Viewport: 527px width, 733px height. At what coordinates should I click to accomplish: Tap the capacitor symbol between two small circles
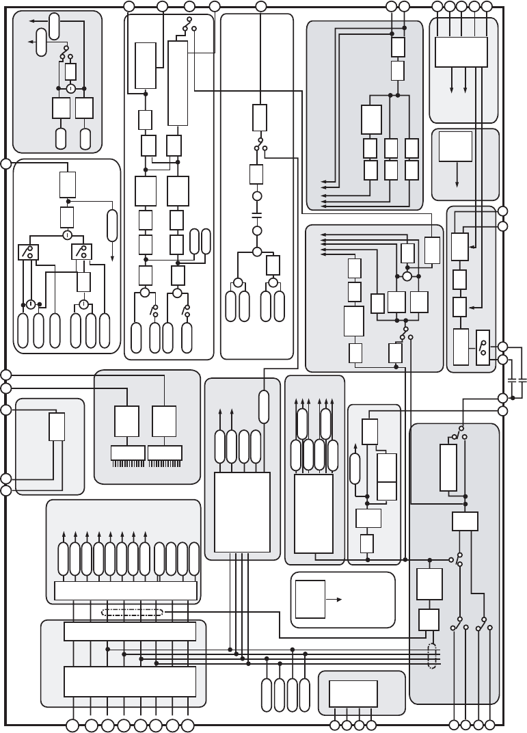pyautogui.click(x=257, y=214)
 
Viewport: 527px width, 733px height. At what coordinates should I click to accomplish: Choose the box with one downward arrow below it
pyautogui.click(x=455, y=147)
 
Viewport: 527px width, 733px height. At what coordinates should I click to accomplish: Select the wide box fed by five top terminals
pyautogui.click(x=461, y=51)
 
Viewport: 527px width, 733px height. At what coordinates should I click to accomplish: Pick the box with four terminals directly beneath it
pyautogui.click(x=353, y=693)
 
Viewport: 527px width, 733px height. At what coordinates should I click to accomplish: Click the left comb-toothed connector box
pyautogui.click(x=128, y=453)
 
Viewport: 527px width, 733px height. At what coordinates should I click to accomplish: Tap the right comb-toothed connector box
pyautogui.click(x=165, y=453)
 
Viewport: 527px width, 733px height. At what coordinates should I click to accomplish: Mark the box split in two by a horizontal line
pyautogui.click(x=387, y=476)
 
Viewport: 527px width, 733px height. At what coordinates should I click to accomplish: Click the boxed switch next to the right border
pyautogui.click(x=483, y=347)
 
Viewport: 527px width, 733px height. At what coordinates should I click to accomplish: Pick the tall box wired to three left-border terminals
pyautogui.click(x=57, y=427)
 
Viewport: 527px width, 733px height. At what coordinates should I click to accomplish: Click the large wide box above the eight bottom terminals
pyautogui.click(x=130, y=681)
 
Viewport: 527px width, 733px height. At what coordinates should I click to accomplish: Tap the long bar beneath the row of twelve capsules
pyautogui.click(x=125, y=590)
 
